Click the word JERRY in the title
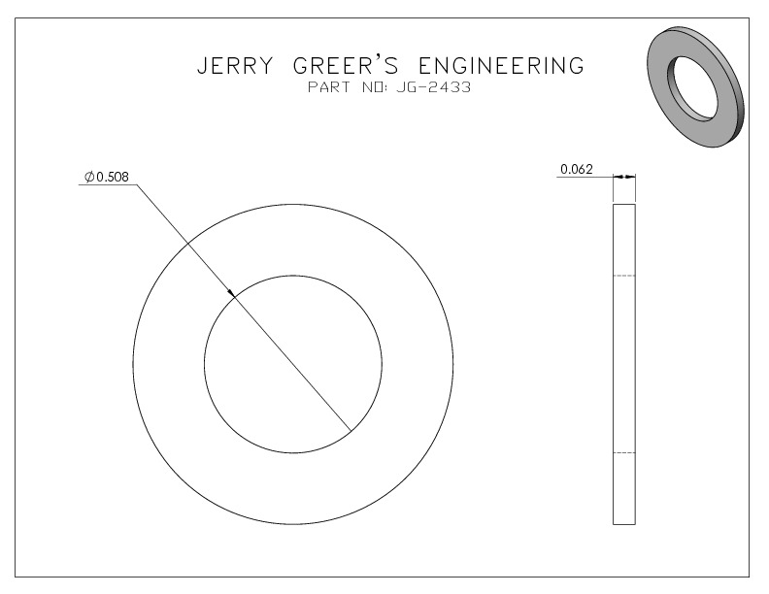click(x=234, y=66)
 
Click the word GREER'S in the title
click(x=346, y=66)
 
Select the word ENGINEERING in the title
click(x=502, y=66)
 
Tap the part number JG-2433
click(x=434, y=87)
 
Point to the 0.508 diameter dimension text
click(x=113, y=177)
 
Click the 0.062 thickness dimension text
click(x=577, y=169)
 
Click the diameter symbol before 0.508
click(x=89, y=177)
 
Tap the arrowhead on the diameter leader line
click(x=231, y=293)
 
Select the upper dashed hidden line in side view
click(x=624, y=276)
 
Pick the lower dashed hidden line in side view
click(x=624, y=453)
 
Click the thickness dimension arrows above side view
click(x=624, y=177)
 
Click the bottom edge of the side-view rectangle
click(x=624, y=524)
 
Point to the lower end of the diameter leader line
click(x=351, y=431)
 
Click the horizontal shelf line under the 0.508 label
click(x=108, y=184)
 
